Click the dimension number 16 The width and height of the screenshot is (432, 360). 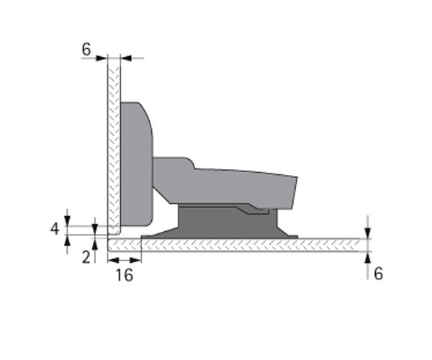[x=125, y=275]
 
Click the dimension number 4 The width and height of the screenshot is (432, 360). [x=55, y=229]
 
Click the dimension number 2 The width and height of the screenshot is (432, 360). [x=86, y=258]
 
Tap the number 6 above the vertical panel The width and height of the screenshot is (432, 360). [x=86, y=49]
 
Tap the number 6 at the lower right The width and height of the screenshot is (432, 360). [x=378, y=274]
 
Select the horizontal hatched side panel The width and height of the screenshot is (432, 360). [x=234, y=245]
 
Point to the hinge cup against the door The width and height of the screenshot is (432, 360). [x=137, y=164]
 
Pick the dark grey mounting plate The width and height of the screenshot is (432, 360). [x=228, y=224]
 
